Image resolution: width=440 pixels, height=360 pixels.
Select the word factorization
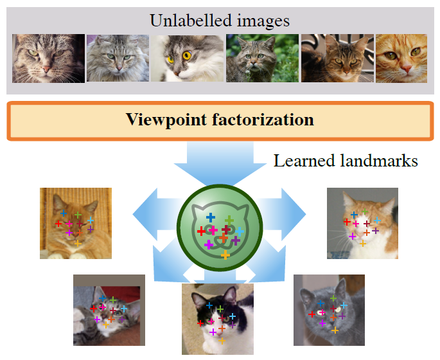263,120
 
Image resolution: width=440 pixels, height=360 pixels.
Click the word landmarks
379,161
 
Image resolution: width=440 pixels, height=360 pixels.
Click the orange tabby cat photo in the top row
401,59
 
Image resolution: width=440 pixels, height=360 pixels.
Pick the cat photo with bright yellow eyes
187,59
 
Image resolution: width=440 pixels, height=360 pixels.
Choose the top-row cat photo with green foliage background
262,58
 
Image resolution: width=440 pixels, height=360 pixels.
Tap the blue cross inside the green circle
211,217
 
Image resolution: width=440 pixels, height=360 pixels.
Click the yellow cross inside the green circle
225,255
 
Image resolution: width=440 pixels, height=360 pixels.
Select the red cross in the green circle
201,231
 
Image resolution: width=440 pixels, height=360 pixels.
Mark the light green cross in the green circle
229,220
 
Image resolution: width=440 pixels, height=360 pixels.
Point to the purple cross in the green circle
236,240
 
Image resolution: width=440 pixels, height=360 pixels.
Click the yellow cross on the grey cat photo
335,330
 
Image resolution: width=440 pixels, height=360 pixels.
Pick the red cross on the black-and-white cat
200,323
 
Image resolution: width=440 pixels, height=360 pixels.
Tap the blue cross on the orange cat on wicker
64,213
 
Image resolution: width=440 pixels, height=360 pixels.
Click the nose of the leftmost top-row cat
47,69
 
